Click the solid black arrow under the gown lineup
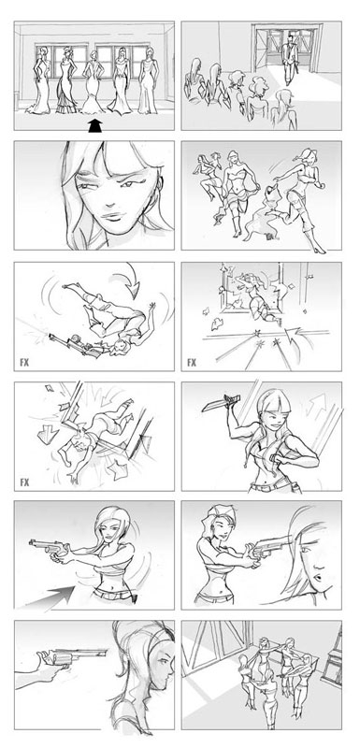(95, 126)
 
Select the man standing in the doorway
(291, 58)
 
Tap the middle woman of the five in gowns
(94, 81)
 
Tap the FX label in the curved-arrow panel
(24, 362)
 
